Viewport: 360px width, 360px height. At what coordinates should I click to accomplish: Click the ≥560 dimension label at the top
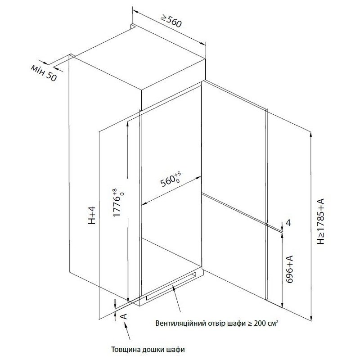(171, 21)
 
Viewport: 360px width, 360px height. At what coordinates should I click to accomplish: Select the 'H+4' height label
(92, 215)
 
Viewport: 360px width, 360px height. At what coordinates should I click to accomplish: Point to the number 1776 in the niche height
(117, 206)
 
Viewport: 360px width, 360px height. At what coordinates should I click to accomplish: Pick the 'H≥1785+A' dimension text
(320, 221)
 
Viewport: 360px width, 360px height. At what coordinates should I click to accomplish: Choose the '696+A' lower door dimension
(290, 269)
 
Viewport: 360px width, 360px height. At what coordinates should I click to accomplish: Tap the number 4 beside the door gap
(288, 223)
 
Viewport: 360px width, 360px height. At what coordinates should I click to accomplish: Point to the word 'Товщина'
(126, 350)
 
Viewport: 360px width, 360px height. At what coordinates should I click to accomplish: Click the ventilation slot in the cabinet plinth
(172, 286)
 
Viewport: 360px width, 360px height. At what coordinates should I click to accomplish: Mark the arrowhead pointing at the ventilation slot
(173, 287)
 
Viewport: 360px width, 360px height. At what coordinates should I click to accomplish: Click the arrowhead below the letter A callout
(126, 324)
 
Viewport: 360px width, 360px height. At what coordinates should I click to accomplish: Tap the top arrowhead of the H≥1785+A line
(311, 134)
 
